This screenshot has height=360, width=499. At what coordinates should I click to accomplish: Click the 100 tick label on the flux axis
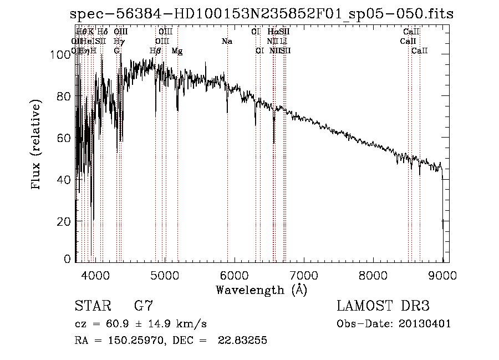coord(58,54)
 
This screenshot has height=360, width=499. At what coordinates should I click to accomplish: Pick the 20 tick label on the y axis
coord(63,221)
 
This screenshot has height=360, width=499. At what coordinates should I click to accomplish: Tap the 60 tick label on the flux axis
coord(63,138)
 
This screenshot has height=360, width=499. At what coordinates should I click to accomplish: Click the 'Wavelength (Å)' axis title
coord(261,290)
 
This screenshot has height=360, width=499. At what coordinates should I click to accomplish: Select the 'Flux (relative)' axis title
coord(37,145)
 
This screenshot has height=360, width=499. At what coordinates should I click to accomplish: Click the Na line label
coord(226,42)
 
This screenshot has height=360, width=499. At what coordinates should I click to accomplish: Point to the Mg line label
coord(177,51)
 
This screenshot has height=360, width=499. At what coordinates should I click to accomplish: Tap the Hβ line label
coord(155,51)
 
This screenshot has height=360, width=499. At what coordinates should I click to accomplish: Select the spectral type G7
coord(144,306)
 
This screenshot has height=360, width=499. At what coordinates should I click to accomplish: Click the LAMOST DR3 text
coord(383,306)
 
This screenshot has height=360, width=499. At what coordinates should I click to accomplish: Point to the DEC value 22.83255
coord(243,341)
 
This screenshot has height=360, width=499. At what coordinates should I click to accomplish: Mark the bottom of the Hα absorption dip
coord(274,143)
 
